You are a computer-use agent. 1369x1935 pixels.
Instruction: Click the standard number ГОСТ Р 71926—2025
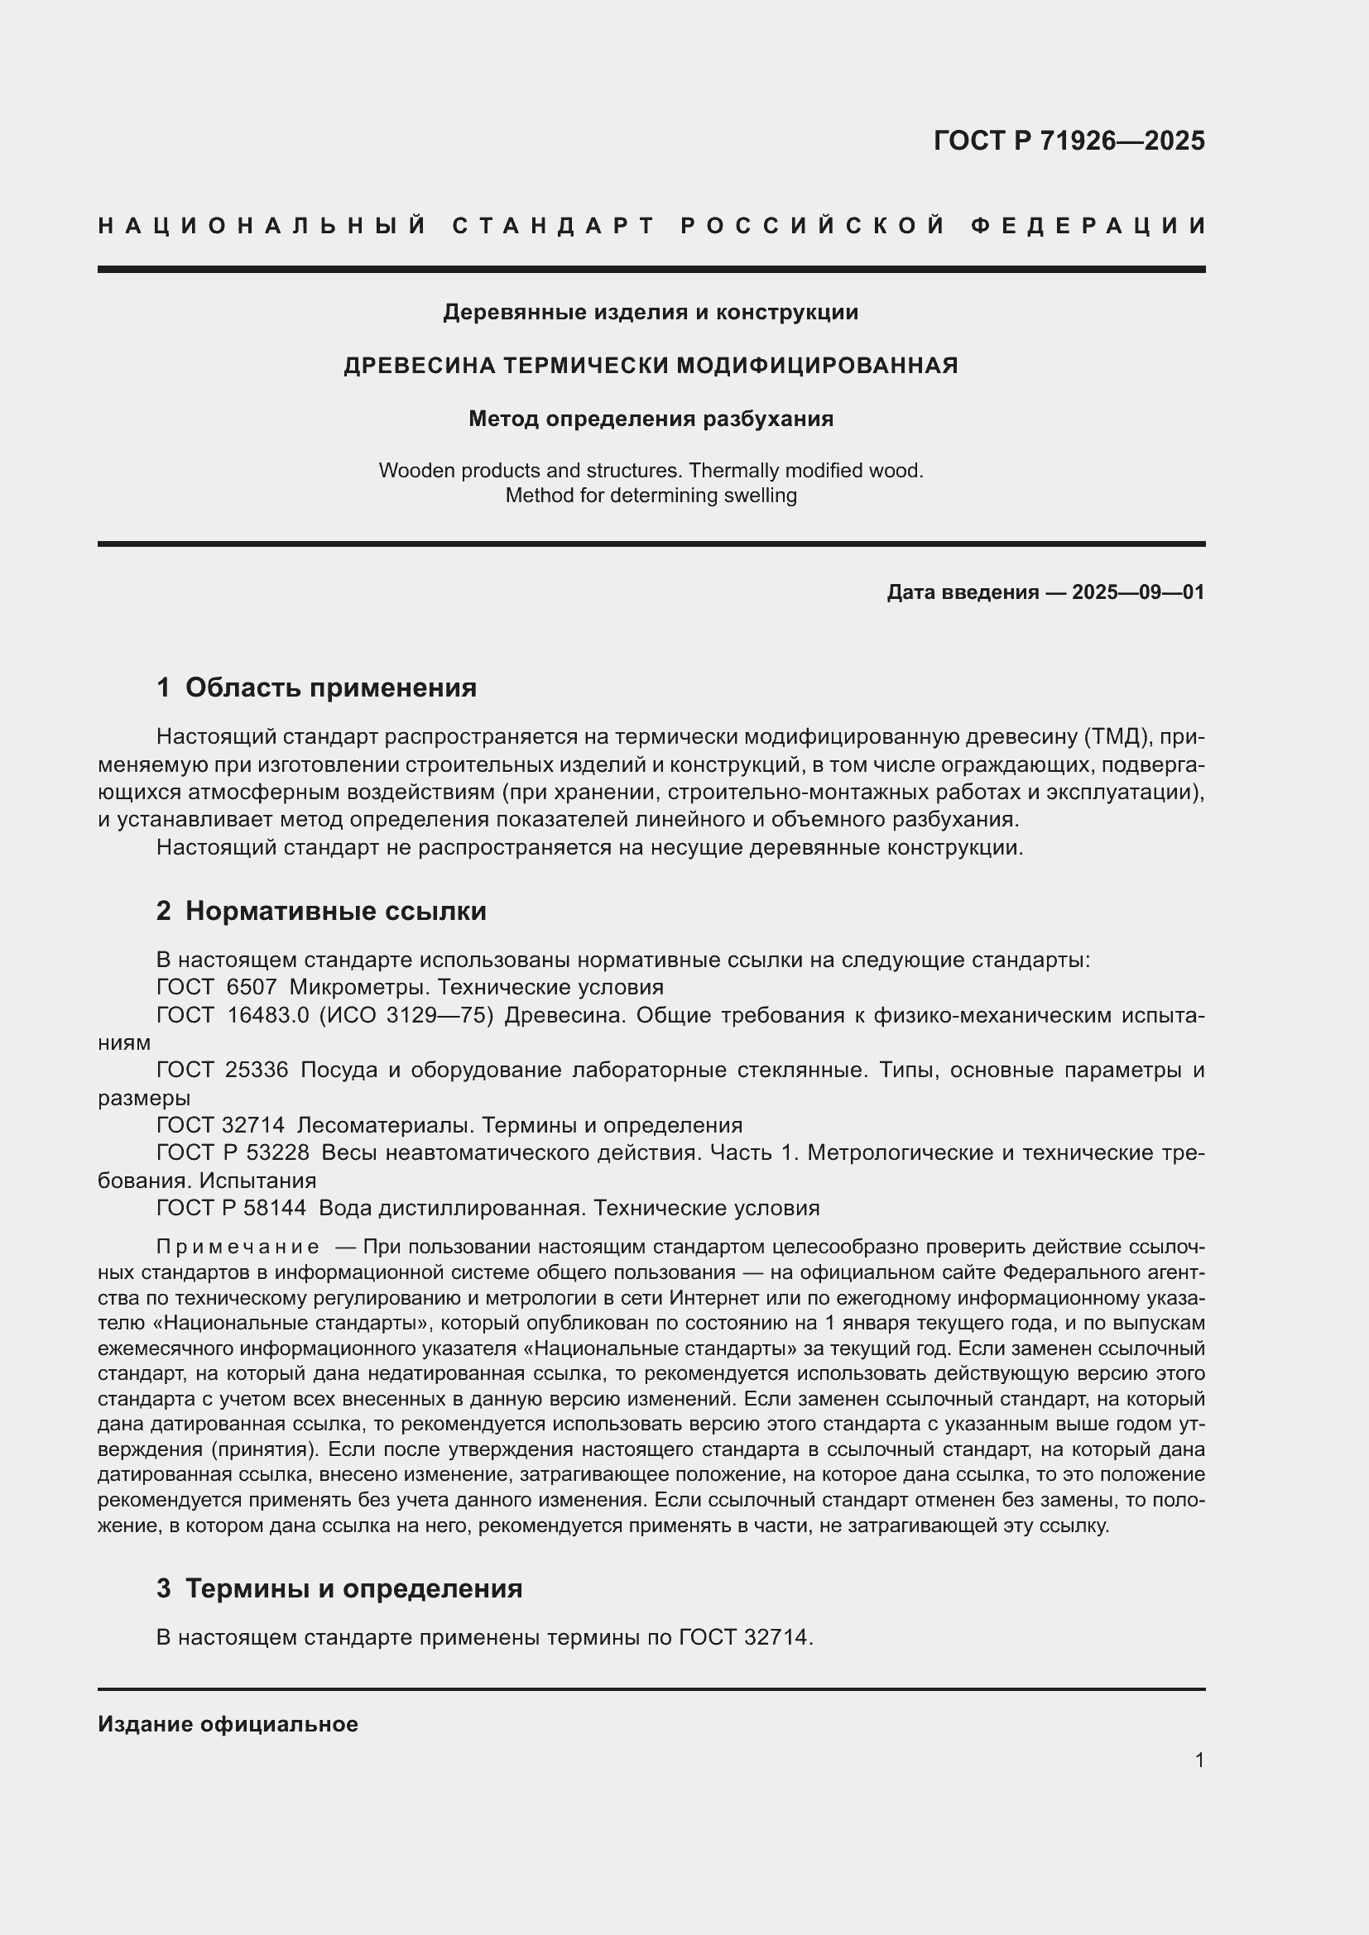click(1068, 140)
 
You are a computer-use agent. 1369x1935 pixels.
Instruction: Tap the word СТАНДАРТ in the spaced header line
click(554, 226)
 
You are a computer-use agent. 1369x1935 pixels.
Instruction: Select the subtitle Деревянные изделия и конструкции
click(651, 312)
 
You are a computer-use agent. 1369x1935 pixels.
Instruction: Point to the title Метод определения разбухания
click(651, 418)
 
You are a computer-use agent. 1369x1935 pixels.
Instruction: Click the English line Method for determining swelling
click(651, 495)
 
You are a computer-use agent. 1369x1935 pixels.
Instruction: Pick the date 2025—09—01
click(1138, 592)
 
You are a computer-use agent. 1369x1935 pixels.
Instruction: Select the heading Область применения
click(330, 687)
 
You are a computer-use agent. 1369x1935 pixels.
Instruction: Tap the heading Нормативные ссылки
click(335, 911)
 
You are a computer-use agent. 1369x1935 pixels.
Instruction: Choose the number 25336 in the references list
click(257, 1070)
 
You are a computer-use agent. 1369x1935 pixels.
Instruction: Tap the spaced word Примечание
click(238, 1247)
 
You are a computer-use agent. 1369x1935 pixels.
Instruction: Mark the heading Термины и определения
click(353, 1588)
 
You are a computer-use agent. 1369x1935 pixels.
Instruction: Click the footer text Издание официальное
click(228, 1724)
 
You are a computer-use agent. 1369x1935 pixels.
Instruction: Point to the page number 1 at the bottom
click(1198, 1760)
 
